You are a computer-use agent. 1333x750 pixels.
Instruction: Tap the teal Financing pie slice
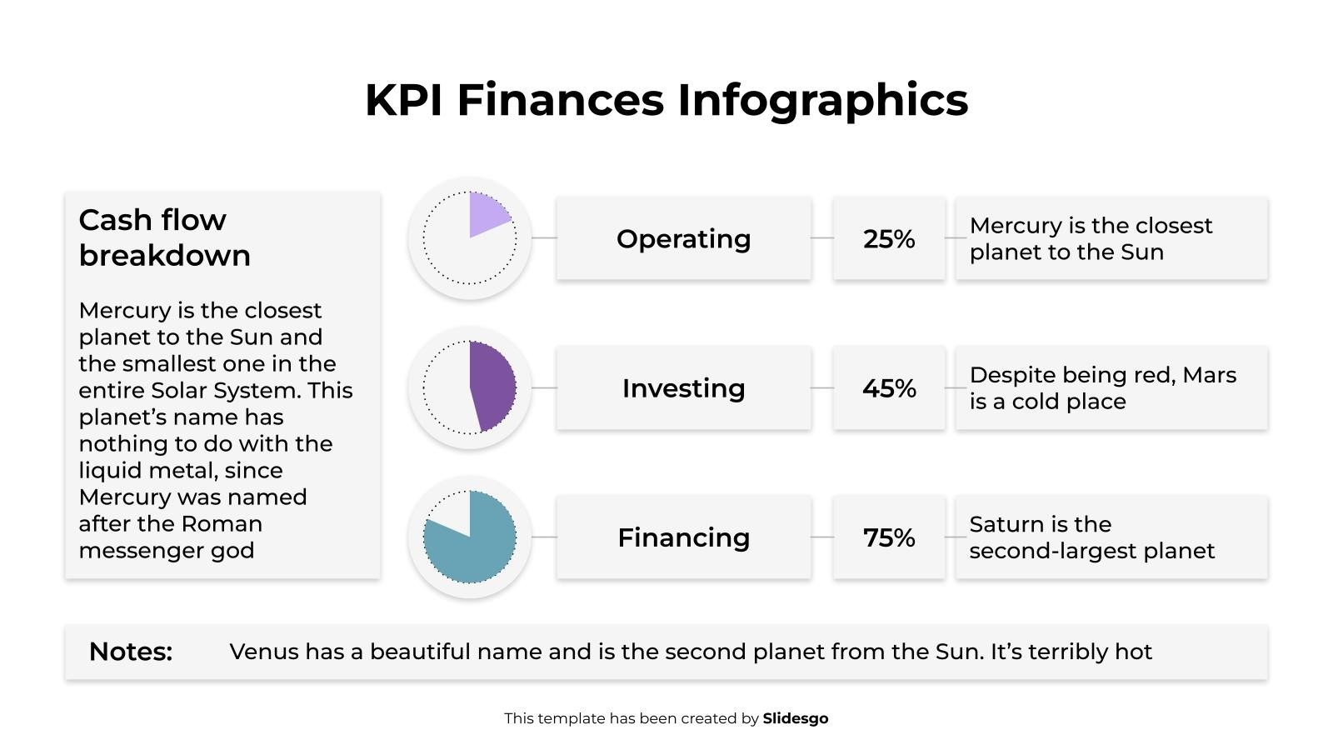(475, 546)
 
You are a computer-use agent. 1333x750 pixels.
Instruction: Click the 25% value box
(889, 239)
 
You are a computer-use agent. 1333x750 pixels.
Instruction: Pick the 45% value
(889, 388)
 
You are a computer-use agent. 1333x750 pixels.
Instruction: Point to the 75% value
(889, 537)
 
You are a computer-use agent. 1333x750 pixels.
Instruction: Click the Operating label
(683, 239)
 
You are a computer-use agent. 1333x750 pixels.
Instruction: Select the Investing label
(683, 388)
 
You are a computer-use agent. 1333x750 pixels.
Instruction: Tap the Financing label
(683, 537)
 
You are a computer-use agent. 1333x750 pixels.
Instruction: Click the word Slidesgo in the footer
(795, 718)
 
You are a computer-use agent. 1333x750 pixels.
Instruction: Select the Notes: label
(131, 652)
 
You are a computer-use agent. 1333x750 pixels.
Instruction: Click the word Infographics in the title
(822, 100)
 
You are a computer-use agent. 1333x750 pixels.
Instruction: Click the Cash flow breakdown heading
(164, 237)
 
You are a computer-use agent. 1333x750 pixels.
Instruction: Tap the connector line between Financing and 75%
(821, 537)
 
